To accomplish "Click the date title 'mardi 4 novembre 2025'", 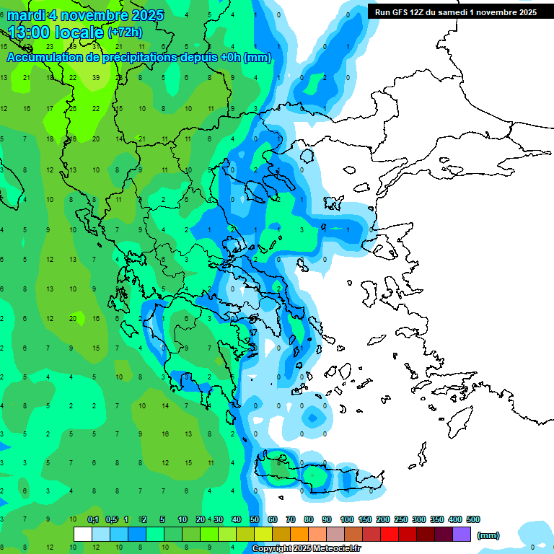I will point(85,15).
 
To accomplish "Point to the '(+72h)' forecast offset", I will point(125,32).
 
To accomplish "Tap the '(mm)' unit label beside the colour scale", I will point(488,535).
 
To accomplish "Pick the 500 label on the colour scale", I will point(472,519).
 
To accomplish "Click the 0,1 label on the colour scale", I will point(93,519).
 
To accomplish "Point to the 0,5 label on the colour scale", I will point(111,519).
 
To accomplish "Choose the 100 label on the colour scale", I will point(346,519).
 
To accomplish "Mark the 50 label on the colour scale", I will point(255,519).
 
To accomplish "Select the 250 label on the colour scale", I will point(400,519).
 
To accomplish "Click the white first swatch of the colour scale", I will point(83,534).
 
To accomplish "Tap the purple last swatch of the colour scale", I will point(462,534).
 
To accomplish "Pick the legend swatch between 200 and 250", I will point(390,534).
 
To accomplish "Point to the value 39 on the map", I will point(96,78).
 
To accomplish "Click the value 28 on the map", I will point(73,108).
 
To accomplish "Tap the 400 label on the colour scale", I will point(454,519).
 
